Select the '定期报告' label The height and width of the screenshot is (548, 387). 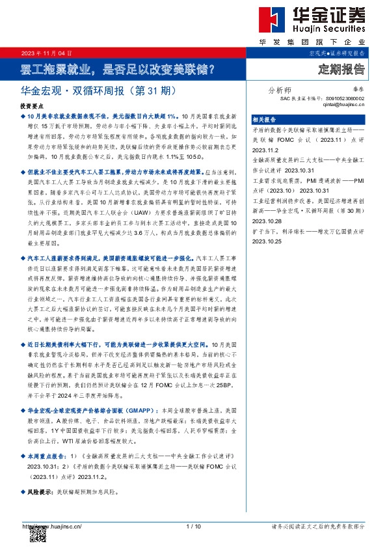(341, 68)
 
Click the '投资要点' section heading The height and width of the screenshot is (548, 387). (32, 105)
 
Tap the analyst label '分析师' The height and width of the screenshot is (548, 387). (280, 90)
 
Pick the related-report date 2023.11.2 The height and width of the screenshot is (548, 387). (263, 147)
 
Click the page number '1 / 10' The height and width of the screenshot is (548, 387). (193, 526)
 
